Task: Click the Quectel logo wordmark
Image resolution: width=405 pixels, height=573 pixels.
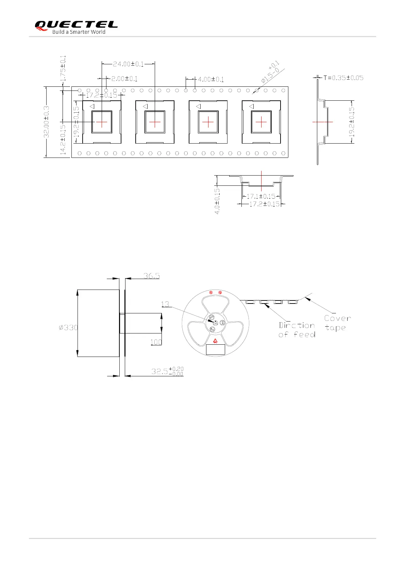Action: (76, 24)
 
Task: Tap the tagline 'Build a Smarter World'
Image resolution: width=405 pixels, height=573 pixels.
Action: (79, 32)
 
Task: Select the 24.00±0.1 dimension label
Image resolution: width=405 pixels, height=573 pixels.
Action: (128, 64)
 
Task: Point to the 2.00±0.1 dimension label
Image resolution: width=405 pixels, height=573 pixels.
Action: (124, 79)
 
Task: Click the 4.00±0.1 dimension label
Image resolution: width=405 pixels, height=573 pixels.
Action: (211, 79)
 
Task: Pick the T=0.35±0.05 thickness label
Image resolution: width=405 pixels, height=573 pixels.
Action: (343, 78)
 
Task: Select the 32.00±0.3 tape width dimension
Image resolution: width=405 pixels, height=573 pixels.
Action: (47, 122)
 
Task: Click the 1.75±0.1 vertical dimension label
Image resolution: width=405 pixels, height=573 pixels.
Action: (63, 68)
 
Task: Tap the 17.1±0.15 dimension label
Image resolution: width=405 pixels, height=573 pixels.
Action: (261, 196)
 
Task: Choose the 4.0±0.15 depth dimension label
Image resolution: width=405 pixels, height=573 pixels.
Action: (217, 201)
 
